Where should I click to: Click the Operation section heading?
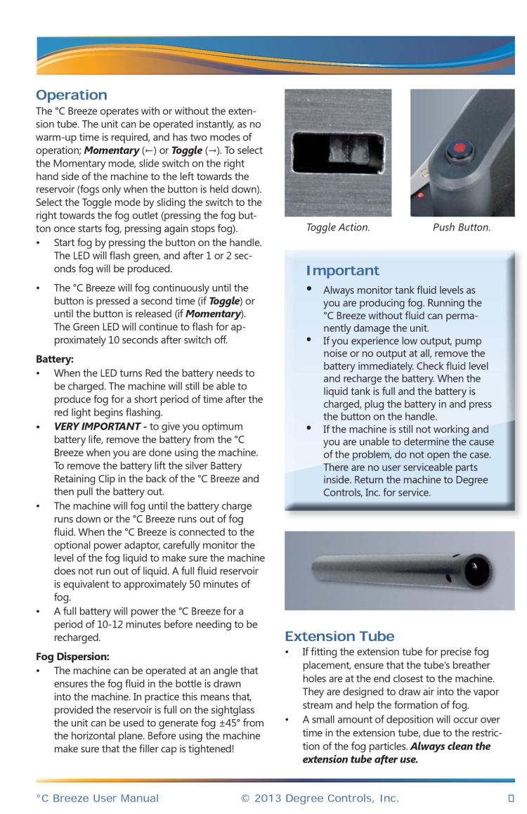[72, 95]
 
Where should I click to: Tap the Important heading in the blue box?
[342, 271]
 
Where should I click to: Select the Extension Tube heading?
[339, 637]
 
